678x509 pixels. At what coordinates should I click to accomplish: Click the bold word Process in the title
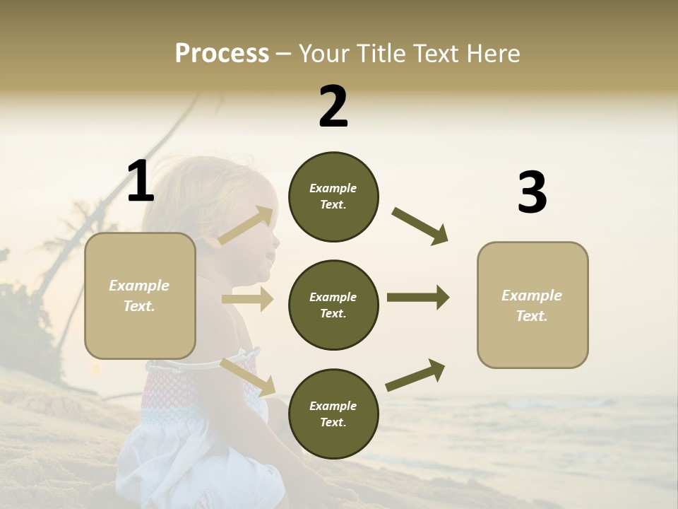[222, 54]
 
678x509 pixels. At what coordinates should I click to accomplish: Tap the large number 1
[141, 182]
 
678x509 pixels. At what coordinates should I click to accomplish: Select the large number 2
[333, 107]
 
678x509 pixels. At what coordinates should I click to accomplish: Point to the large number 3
[532, 193]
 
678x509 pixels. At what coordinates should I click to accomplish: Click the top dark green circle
[333, 197]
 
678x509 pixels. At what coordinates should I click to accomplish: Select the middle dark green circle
[333, 305]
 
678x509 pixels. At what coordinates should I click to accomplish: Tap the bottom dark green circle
[333, 414]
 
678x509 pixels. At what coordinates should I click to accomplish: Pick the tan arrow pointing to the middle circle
[248, 299]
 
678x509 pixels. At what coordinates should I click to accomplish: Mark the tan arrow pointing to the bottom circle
[248, 376]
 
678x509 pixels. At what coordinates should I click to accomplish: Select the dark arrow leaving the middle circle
[418, 298]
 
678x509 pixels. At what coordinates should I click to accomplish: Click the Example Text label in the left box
[139, 296]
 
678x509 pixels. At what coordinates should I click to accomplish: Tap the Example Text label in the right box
[532, 305]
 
